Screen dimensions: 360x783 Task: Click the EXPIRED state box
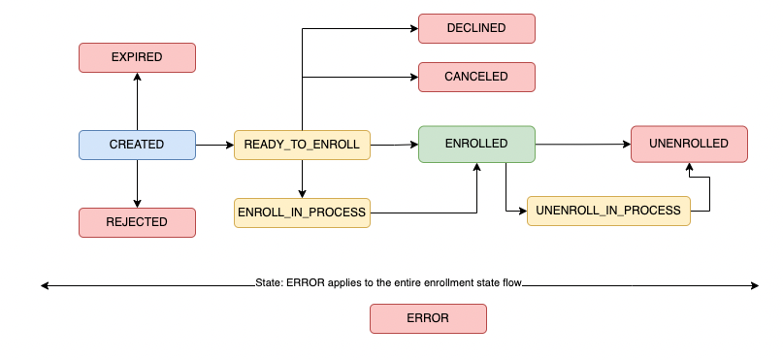tap(137, 57)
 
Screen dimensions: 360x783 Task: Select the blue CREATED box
tap(137, 145)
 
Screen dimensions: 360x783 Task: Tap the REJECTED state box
tap(137, 222)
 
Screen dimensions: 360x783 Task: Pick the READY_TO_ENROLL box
tap(302, 145)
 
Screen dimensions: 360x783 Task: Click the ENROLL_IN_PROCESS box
tap(302, 212)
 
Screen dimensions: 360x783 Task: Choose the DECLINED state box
tap(476, 28)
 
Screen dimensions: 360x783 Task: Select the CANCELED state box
tap(476, 77)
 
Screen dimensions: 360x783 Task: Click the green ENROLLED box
tap(476, 144)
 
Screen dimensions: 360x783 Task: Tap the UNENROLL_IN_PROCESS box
tap(608, 212)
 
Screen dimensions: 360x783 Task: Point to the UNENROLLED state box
tap(689, 144)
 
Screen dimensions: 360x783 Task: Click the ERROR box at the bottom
tap(428, 318)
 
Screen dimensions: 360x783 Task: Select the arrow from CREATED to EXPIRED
tap(137, 101)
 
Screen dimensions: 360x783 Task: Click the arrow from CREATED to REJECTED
tap(137, 183)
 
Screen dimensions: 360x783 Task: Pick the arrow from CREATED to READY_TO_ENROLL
tap(214, 145)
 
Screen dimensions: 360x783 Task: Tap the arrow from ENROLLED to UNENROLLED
tap(582, 145)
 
